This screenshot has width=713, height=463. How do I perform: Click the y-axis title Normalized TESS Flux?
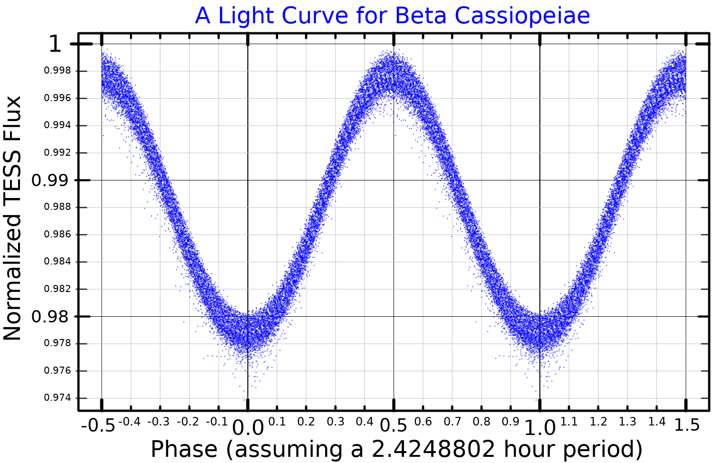coord(13,218)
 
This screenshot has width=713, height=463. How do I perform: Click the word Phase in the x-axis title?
coord(184,449)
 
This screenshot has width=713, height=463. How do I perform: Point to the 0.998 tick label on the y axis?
coord(58,71)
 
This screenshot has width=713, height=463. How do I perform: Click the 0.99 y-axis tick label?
coord(50,180)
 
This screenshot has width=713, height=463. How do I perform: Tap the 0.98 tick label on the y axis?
coord(50,317)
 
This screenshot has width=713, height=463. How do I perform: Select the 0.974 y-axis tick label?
coord(58,398)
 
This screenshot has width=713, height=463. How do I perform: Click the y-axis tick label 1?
coord(55,45)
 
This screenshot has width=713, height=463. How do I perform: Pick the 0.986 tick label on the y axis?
coord(58,235)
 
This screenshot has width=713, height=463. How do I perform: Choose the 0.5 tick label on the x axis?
coord(394,425)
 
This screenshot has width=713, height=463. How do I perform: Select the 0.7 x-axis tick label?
coord(452,422)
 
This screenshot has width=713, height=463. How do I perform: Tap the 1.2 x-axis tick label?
coord(598,422)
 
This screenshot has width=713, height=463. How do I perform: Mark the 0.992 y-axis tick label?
coord(58,153)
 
